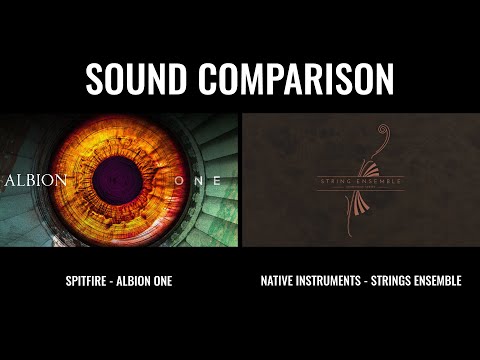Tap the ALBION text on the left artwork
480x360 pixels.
coord(35,182)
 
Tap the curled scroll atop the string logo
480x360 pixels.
coord(380,135)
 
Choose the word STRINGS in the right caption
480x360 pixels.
coord(398,281)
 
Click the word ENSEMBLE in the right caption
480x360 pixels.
coord(441,281)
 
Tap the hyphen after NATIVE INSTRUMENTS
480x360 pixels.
coord(371,281)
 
